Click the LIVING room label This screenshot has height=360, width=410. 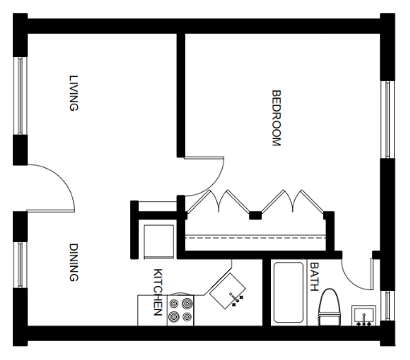(x=74, y=93)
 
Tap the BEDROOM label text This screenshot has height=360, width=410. (x=277, y=118)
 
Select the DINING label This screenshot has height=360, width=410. (x=74, y=262)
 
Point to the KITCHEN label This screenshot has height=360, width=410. (x=158, y=292)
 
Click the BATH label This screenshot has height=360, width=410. (x=314, y=276)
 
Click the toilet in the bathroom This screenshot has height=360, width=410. (x=330, y=307)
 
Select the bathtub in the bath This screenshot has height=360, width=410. (x=289, y=292)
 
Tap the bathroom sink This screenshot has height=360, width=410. (x=364, y=316)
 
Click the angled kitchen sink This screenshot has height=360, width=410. (x=228, y=291)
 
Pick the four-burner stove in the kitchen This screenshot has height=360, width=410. (x=180, y=310)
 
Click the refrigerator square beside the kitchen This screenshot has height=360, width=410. (x=158, y=242)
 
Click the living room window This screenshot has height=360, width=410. (x=21, y=96)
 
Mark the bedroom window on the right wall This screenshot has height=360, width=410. (x=387, y=120)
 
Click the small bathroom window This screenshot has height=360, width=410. (x=387, y=306)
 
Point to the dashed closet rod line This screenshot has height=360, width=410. (x=256, y=237)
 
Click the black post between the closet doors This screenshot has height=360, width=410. (x=256, y=215)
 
